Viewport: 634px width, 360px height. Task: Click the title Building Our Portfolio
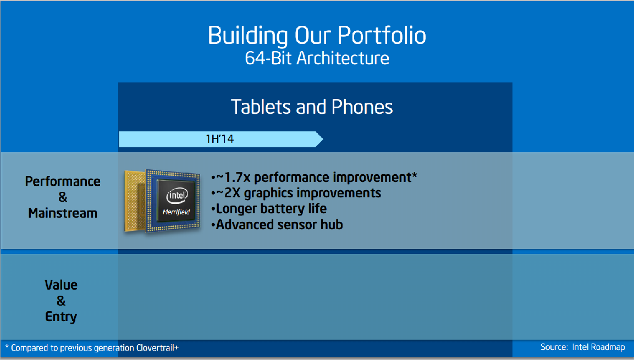coord(317,36)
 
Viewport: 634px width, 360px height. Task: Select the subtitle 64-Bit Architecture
coord(317,58)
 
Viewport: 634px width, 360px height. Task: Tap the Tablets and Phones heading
coord(312,107)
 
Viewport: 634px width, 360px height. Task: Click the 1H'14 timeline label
coord(219,139)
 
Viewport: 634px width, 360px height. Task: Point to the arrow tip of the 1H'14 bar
coord(323,140)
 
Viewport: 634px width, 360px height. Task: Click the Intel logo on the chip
coord(177,196)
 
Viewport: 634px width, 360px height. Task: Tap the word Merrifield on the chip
coord(177,212)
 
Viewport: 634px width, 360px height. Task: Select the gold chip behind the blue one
coord(135,201)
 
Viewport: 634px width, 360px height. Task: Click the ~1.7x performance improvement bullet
coord(314,178)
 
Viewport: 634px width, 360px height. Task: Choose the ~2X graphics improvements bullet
coord(296,193)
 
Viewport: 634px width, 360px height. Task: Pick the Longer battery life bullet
coord(269,209)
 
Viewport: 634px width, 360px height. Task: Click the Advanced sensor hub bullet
coord(277,225)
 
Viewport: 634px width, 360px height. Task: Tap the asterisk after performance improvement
coord(415,175)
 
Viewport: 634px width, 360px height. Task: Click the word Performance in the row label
coord(63,181)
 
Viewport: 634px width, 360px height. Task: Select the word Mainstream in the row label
coord(63,213)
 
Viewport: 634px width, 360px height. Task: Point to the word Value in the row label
coord(61,285)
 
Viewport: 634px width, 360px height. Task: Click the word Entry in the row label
coord(61,317)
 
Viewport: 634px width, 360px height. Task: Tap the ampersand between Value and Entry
coord(61,301)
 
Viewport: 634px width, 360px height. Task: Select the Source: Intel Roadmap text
coord(583,347)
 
